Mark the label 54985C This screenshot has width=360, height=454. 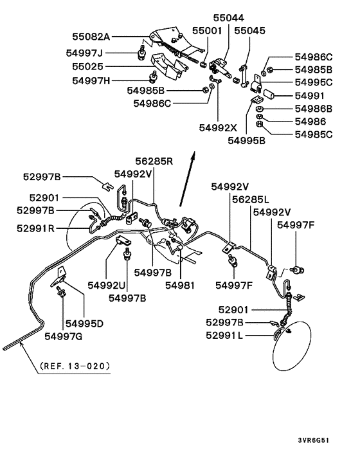[314, 134]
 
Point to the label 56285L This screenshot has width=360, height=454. [250, 200]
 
